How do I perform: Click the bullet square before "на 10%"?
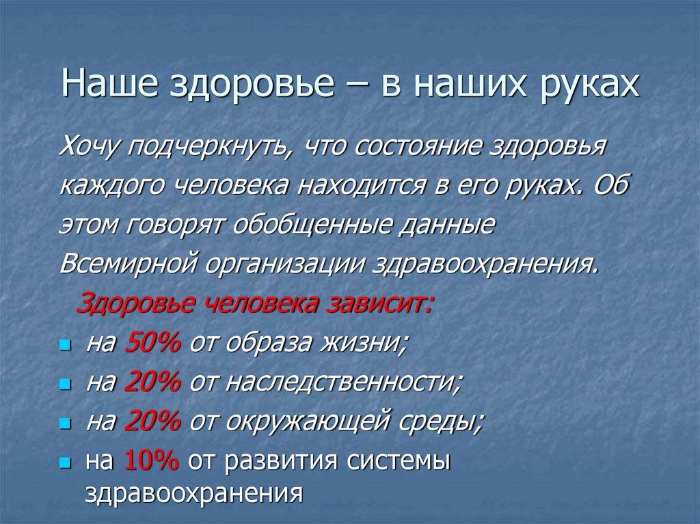[x=65, y=463]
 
